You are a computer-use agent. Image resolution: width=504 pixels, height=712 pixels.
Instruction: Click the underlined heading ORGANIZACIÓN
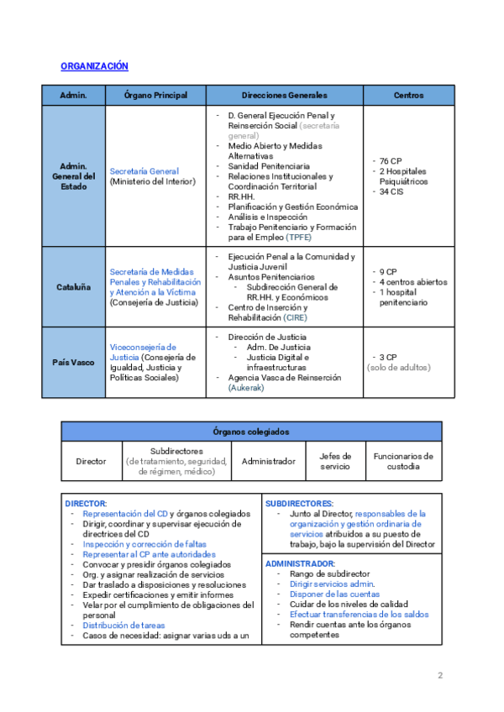[94, 65]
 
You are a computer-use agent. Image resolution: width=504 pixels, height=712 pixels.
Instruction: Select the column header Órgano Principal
[156, 95]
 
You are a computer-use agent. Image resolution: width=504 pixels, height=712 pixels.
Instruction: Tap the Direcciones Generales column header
[284, 95]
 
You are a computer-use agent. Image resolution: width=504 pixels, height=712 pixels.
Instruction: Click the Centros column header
[408, 95]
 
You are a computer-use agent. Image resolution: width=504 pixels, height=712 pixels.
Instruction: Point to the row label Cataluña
[74, 286]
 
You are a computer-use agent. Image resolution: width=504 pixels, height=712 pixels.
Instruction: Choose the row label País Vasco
[74, 362]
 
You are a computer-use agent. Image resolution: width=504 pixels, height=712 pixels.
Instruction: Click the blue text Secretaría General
[144, 171]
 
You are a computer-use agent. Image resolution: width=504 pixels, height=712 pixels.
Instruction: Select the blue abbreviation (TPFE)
[298, 238]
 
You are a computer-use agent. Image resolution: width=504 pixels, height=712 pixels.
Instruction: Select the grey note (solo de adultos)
[398, 368]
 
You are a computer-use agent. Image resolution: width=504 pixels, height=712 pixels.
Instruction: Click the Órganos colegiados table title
[251, 432]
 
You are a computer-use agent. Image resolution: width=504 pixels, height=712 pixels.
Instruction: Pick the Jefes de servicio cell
[334, 461]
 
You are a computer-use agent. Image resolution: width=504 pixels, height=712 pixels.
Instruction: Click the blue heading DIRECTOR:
[86, 503]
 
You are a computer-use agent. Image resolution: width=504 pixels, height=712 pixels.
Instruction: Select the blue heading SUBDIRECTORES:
[299, 503]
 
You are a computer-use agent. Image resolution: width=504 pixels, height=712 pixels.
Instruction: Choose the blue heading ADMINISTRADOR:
[300, 563]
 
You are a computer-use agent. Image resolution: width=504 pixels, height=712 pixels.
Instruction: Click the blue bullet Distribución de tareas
[123, 626]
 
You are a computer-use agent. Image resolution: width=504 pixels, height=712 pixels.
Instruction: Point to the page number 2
[440, 676]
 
